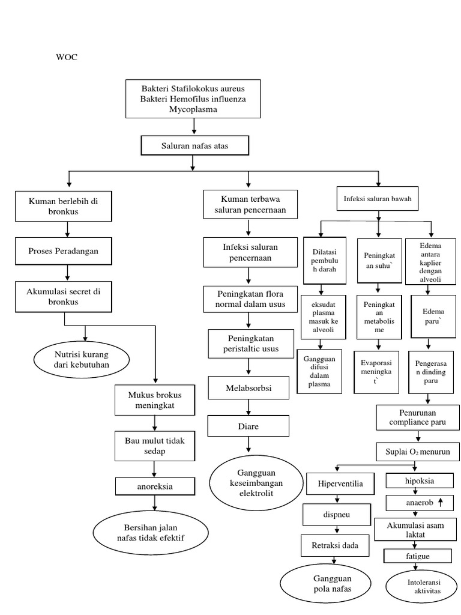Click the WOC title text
67,58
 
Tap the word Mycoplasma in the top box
193,109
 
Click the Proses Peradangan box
65,251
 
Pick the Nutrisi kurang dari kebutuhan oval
80,359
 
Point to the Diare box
249,426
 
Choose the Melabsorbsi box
249,389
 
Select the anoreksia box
155,486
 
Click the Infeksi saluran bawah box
378,199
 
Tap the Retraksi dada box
334,546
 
